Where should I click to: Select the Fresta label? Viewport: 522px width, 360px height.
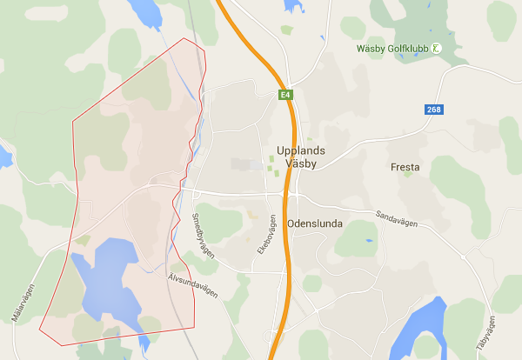tap(405, 167)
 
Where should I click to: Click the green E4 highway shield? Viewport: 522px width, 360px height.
tap(284, 94)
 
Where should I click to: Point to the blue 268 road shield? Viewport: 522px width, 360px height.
tap(434, 110)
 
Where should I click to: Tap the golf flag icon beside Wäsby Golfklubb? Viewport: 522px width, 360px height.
tap(438, 49)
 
